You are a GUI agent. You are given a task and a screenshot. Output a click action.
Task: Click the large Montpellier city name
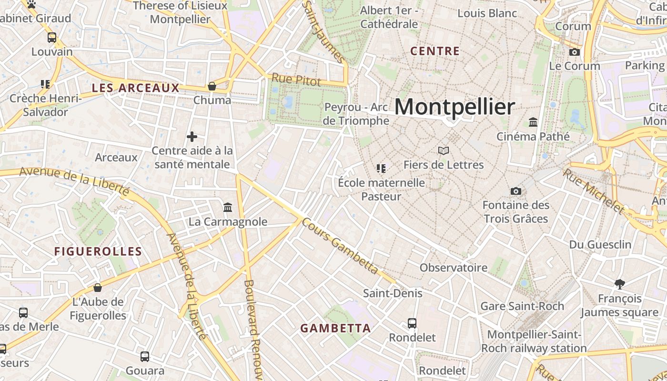click(x=455, y=107)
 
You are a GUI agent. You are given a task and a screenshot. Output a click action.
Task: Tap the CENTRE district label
click(x=435, y=51)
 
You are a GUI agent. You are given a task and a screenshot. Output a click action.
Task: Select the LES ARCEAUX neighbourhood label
click(x=135, y=88)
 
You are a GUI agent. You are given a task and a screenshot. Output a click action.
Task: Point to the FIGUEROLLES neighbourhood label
click(x=98, y=251)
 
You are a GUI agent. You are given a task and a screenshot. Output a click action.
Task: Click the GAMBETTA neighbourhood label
click(x=335, y=328)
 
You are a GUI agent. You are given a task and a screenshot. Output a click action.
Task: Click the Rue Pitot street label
click(x=296, y=80)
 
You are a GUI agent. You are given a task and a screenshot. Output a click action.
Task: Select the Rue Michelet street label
click(x=593, y=191)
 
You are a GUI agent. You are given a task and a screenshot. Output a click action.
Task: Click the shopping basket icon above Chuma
click(x=212, y=86)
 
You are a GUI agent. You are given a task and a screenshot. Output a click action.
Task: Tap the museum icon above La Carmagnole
click(x=228, y=208)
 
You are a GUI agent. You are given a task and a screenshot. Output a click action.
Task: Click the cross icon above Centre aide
click(x=192, y=137)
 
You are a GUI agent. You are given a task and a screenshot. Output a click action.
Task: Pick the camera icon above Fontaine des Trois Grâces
click(x=515, y=191)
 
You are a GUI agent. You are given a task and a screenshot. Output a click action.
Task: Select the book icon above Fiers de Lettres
click(x=444, y=151)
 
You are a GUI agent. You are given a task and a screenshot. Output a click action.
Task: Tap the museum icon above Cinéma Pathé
click(x=533, y=123)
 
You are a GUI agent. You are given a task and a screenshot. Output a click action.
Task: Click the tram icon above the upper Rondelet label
click(x=412, y=324)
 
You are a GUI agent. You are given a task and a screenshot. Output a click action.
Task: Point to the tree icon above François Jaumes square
click(x=619, y=285)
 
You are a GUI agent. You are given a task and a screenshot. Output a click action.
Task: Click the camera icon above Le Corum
click(x=575, y=52)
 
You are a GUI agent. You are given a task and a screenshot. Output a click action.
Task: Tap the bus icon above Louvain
click(x=52, y=38)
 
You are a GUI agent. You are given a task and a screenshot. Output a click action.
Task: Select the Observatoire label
click(x=453, y=268)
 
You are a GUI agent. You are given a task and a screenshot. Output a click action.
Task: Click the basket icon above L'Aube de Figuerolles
click(x=98, y=288)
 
